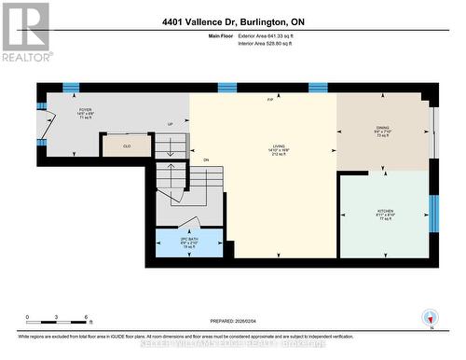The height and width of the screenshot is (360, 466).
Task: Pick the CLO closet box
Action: click(127, 145)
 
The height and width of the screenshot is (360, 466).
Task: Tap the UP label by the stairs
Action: click(170, 124)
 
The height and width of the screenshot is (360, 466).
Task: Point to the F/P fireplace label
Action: click(270, 99)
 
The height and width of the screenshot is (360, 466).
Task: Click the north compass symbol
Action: click(430, 317)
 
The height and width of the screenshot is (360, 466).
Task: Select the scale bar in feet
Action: click(57, 320)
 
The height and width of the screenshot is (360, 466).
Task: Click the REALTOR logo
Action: click(25, 32)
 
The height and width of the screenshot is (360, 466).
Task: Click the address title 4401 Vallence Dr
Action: click(233, 21)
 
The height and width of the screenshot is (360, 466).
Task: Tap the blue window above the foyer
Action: click(71, 88)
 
